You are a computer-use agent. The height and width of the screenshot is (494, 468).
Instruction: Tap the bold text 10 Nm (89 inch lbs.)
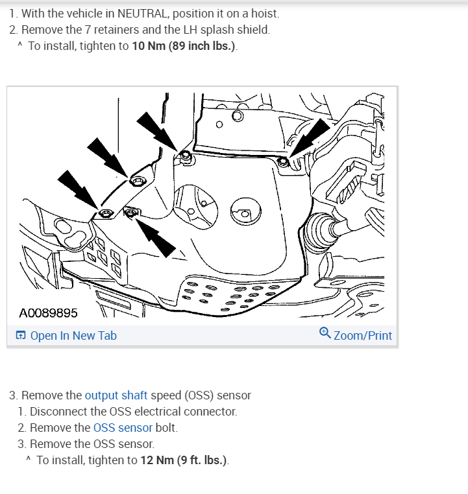coord(185,47)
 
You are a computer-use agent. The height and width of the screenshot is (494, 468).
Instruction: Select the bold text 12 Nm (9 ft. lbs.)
coord(183,460)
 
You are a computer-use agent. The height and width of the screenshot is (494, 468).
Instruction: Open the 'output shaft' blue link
coord(116,395)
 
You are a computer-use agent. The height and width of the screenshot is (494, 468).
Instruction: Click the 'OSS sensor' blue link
coord(123,428)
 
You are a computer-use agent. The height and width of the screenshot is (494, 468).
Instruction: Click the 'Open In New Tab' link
coord(73,336)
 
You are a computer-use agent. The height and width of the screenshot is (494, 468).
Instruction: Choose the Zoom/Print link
coord(363,336)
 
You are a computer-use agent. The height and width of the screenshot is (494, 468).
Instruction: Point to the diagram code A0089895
coord(49,313)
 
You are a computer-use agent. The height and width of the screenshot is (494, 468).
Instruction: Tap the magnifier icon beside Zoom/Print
coord(325,333)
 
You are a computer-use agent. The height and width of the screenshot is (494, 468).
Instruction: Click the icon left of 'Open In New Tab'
coord(21,336)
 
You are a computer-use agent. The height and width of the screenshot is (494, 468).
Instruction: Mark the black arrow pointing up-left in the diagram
coord(158,235)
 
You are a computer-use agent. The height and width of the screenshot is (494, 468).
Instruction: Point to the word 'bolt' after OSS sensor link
coord(166,428)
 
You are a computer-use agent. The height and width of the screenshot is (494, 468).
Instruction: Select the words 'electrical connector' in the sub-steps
coord(183,412)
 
